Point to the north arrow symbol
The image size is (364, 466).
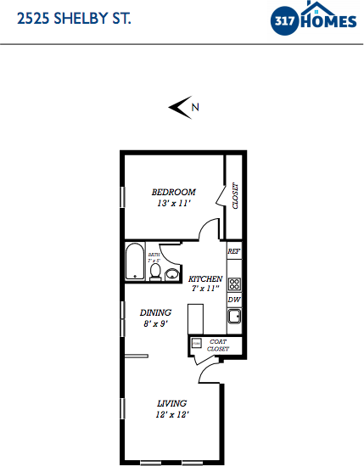coord(180,106)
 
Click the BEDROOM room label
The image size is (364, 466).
coord(173,192)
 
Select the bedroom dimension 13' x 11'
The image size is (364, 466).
coord(173,204)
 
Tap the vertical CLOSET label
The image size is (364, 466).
coord(236,196)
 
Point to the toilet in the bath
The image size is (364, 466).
coord(155,271)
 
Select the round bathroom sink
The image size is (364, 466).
coord(172,273)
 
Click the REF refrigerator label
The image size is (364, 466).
coord(235,252)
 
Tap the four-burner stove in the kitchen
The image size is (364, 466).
coord(235,284)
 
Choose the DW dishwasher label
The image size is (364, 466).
coord(234,300)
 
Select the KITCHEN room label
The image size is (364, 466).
coord(205,278)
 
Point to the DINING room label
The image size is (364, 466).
coord(155,312)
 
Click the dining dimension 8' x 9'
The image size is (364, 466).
coord(155,323)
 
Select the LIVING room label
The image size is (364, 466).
coord(171,402)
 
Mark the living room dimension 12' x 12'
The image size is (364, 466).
coord(171,414)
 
